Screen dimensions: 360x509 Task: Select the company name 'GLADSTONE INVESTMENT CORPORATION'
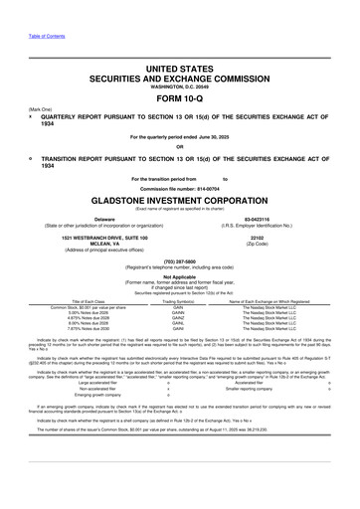click(x=180, y=197)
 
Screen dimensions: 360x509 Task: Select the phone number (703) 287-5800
click(x=180, y=261)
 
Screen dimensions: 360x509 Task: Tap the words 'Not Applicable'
click(x=180, y=277)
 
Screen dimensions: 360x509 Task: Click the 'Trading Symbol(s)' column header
click(x=179, y=301)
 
